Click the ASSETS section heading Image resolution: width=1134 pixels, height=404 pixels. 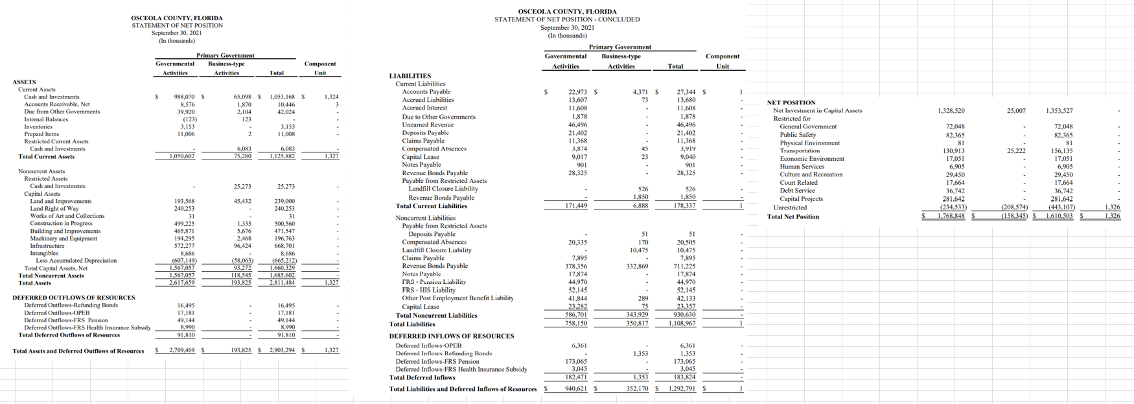[24, 82]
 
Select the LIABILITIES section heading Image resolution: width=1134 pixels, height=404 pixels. [410, 76]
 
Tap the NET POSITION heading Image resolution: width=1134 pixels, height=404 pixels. [791, 102]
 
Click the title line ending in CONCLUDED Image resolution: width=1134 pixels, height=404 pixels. [567, 19]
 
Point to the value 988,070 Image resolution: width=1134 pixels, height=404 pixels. [183, 97]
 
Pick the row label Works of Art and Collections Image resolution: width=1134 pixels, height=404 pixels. [67, 216]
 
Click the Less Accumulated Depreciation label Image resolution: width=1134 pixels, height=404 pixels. [76, 261]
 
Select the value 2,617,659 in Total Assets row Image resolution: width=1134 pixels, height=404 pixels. [181, 283]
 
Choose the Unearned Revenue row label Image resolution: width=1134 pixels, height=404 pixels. [428, 125]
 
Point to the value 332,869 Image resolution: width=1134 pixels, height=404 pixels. [637, 266]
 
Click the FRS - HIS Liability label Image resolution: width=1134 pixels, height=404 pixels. [428, 290]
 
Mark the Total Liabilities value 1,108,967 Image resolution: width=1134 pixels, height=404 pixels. [681, 323]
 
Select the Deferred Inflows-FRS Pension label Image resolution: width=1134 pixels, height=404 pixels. [437, 361]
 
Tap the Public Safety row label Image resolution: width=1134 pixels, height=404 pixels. [798, 135]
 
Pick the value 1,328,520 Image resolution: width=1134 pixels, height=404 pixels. [951, 111]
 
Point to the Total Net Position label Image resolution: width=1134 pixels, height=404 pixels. [793, 217]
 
